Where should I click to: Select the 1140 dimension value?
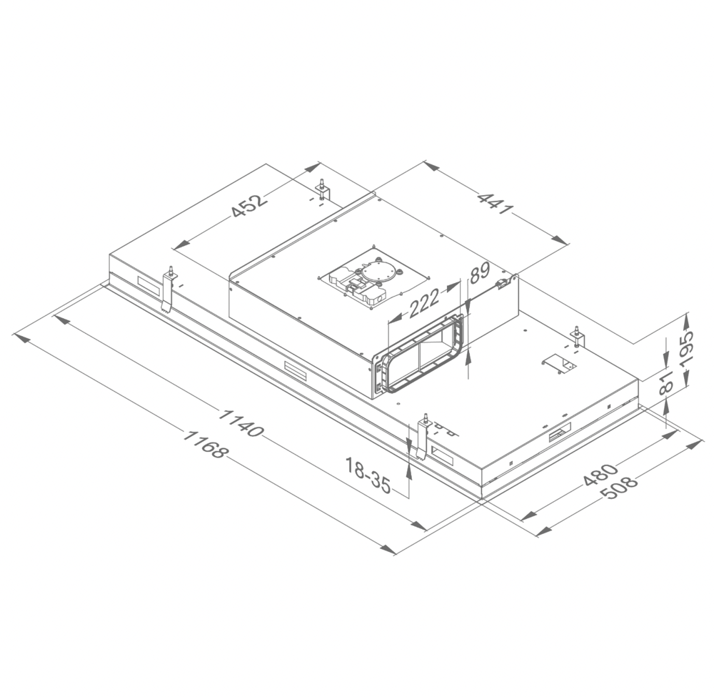click(x=243, y=422)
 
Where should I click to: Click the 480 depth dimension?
click(x=600, y=475)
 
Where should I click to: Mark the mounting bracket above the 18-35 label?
click(x=423, y=435)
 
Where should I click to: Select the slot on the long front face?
click(x=295, y=370)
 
